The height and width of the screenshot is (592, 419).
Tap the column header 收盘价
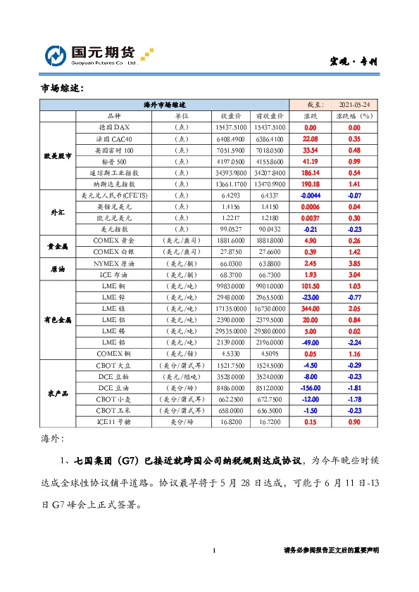click(x=232, y=115)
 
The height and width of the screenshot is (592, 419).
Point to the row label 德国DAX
click(x=113, y=127)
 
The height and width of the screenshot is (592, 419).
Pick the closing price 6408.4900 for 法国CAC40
click(x=232, y=139)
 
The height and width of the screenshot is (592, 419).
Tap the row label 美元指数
click(x=113, y=229)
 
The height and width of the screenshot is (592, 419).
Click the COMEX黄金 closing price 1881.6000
click(x=232, y=240)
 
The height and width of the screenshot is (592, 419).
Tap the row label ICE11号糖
click(x=113, y=421)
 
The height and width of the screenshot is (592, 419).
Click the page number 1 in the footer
click(x=213, y=551)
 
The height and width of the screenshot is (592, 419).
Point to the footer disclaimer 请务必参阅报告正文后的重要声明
click(x=331, y=551)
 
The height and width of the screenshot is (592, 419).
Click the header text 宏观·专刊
click(x=354, y=62)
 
